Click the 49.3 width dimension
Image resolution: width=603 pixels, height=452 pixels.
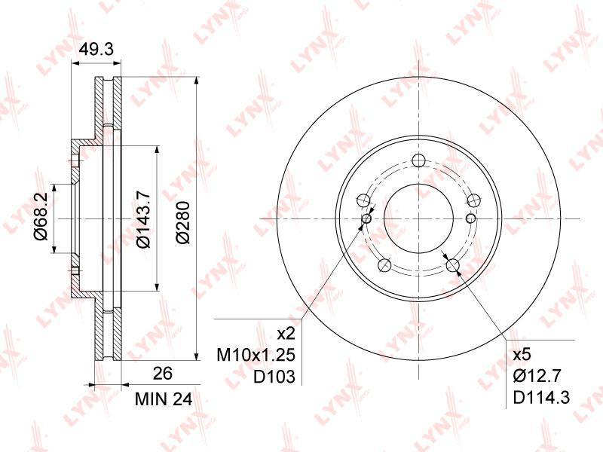(x=96, y=49)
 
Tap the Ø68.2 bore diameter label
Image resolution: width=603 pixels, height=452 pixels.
(x=41, y=217)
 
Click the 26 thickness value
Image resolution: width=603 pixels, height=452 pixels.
(x=163, y=373)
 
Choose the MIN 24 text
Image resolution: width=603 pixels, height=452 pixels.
(x=164, y=400)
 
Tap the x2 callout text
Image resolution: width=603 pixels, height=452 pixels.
(x=286, y=334)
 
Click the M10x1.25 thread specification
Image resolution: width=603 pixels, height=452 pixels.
(x=256, y=355)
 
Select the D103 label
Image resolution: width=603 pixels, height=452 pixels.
(x=274, y=377)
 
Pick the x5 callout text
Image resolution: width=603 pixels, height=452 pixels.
(x=522, y=354)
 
